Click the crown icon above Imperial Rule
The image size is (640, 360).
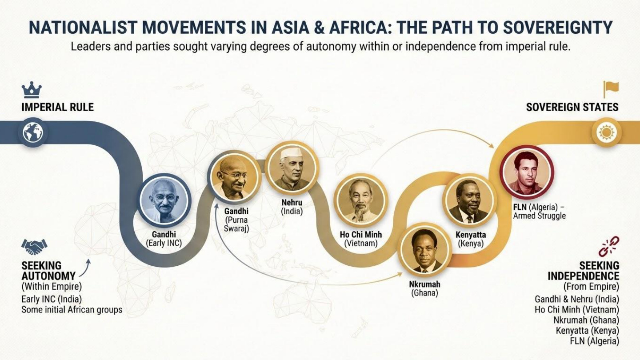pos(32,90)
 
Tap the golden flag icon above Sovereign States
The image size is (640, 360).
pos(611,89)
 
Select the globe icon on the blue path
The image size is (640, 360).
pos(33,132)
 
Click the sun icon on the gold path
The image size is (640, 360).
pos(606,132)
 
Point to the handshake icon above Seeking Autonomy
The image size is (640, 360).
pos(34,247)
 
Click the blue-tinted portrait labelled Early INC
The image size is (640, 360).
pos(164,200)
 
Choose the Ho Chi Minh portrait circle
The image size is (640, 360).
pos(360,200)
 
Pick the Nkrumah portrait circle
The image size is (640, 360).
pos(425,251)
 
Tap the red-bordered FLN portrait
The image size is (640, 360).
pos(527,172)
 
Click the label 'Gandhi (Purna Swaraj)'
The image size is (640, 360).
pos(236,220)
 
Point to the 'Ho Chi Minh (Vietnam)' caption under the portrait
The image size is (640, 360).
pos(360,239)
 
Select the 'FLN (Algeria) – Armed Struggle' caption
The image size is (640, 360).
pos(539,211)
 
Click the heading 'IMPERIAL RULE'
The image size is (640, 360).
pos(57,107)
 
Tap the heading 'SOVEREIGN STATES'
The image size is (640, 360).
pos(572,107)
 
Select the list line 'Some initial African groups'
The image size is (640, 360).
pos(72,310)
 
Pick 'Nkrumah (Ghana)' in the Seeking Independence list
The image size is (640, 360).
pos(586,320)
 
